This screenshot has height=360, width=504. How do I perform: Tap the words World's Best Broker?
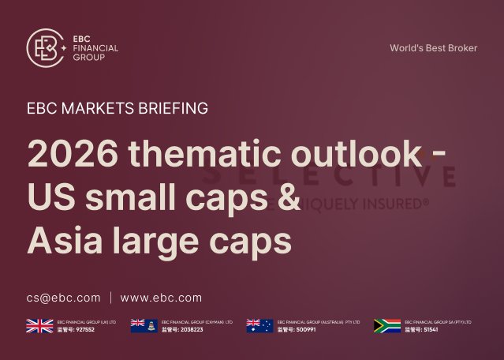pyautogui.click(x=433, y=48)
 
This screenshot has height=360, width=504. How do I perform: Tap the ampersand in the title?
pyautogui.click(x=289, y=196)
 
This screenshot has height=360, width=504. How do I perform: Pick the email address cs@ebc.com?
pyautogui.click(x=63, y=298)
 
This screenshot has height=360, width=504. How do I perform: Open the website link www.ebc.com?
pyautogui.click(x=161, y=298)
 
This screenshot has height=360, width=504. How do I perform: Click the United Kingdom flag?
pyautogui.click(x=39, y=325)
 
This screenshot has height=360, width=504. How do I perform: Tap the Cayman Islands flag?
pyautogui.click(x=143, y=325)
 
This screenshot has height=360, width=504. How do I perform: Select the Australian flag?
pyautogui.click(x=259, y=325)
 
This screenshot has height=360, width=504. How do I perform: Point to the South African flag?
pyautogui.click(x=386, y=325)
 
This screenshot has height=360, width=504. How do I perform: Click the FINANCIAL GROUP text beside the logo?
pyautogui.click(x=95, y=53)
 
